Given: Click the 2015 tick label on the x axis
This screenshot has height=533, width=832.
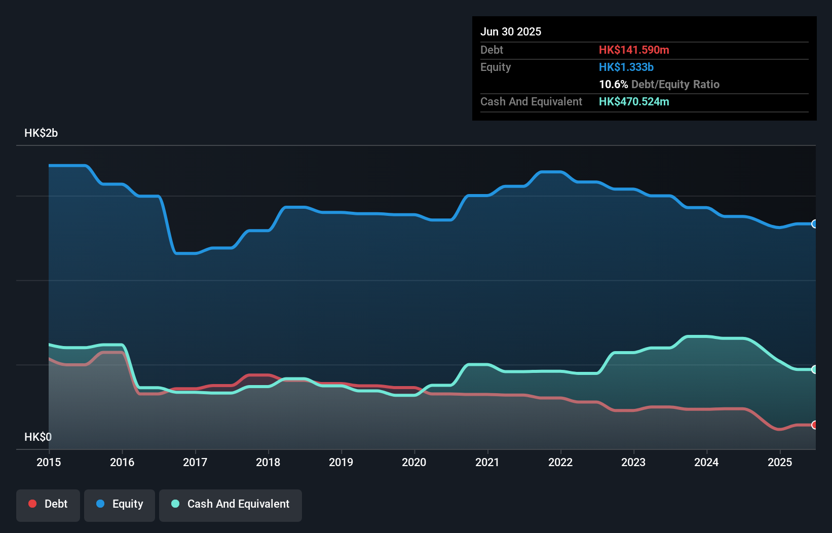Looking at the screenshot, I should pyautogui.click(x=49, y=462).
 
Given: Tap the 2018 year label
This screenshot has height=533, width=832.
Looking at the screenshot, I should pyautogui.click(x=268, y=462).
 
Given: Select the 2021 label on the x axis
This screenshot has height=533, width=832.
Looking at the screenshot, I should pyautogui.click(x=487, y=462).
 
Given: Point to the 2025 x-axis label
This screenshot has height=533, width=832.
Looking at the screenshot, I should pyautogui.click(x=779, y=462).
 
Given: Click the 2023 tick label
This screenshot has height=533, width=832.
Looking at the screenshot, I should pyautogui.click(x=633, y=462).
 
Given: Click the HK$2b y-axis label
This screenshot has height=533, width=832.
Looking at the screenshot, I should pyautogui.click(x=41, y=133).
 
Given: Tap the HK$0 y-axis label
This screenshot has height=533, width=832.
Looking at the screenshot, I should pyautogui.click(x=38, y=437).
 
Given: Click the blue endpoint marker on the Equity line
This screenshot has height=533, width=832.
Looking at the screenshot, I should pyautogui.click(x=814, y=224).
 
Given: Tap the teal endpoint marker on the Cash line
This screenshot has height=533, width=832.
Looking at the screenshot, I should pyautogui.click(x=814, y=369).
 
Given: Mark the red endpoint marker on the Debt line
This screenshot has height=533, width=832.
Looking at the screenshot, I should pyautogui.click(x=814, y=425).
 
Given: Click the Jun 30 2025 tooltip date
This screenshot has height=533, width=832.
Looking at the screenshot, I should pyautogui.click(x=511, y=31).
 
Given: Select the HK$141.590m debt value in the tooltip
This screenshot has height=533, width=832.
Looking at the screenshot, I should pyautogui.click(x=634, y=50).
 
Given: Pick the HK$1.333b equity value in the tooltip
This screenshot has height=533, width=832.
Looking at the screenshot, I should pyautogui.click(x=626, y=67).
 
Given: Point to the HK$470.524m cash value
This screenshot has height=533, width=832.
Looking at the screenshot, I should pyautogui.click(x=634, y=101).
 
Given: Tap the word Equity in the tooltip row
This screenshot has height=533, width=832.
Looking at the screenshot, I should pyautogui.click(x=496, y=67).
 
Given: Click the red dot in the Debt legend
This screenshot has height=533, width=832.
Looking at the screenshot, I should pyautogui.click(x=32, y=504).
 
